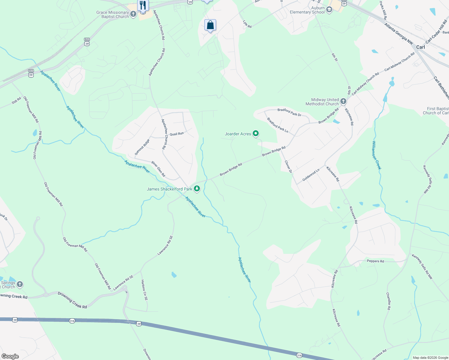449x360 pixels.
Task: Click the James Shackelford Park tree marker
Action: click(197, 189)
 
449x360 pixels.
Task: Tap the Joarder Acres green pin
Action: click(256, 133)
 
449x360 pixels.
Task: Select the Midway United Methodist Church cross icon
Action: click(343, 101)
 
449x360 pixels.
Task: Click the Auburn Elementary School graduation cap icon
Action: click(329, 10)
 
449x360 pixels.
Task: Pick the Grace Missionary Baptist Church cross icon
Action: click(133, 14)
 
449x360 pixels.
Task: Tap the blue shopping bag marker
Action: click(210, 25)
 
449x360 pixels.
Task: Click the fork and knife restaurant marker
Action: click(143, 5)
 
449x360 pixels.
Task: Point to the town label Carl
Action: click(420, 47)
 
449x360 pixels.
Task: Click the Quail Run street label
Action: click(176, 134)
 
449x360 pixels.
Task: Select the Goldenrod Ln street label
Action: click(311, 175)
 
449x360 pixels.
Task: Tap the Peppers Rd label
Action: click(375, 261)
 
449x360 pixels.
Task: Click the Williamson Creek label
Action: click(377, 155)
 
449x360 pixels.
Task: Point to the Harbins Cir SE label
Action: click(144, 290)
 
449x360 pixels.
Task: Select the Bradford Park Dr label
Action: click(289, 112)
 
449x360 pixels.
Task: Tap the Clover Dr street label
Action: click(288, 166)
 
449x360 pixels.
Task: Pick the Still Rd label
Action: click(17, 100)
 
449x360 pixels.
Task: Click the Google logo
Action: click(10, 356)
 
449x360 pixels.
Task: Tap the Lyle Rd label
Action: click(247, 24)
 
